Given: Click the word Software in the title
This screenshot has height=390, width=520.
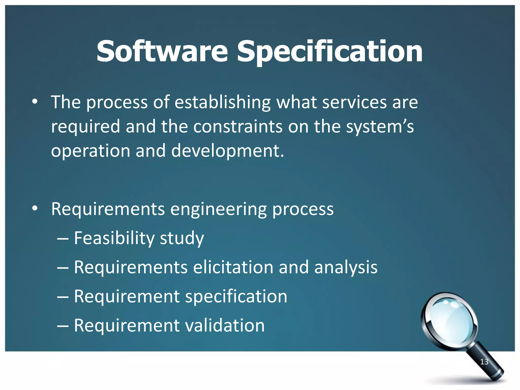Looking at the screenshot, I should [x=162, y=52].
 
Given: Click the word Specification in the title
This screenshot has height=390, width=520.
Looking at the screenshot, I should [x=330, y=52].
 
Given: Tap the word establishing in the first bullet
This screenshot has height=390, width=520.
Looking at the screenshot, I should [x=223, y=102].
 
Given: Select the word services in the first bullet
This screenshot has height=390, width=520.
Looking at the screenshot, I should [x=354, y=102].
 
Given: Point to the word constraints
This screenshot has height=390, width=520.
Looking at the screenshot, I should [x=238, y=126].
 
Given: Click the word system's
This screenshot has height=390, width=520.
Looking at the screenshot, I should [x=380, y=126].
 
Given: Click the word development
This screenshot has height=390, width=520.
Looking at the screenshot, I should [x=227, y=151].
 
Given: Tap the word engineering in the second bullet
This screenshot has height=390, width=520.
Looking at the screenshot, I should [x=218, y=209].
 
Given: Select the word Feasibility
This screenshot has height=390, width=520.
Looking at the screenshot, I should [x=114, y=238].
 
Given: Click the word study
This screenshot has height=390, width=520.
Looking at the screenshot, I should [x=182, y=238].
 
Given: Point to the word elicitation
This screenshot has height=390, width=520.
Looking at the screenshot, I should [x=233, y=267].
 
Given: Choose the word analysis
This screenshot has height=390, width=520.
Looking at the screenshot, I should [x=346, y=267].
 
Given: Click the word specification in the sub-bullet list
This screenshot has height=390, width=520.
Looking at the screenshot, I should [x=236, y=296].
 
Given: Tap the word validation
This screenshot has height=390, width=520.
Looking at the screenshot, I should [x=225, y=326].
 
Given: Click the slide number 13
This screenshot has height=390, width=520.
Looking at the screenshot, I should [x=484, y=362].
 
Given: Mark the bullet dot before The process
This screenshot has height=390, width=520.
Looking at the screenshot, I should [x=35, y=102].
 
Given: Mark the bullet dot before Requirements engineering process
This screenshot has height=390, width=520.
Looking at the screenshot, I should [x=35, y=209].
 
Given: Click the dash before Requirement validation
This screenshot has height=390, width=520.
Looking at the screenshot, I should [x=63, y=326].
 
